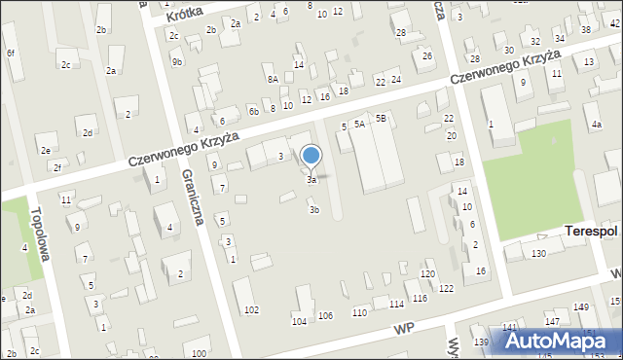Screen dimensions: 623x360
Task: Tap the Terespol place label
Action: click(x=592, y=231)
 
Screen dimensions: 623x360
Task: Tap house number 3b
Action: click(x=313, y=209)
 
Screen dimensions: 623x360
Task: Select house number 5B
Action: click(x=382, y=118)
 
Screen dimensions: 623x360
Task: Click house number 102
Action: click(x=251, y=309)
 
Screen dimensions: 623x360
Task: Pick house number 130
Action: click(x=538, y=253)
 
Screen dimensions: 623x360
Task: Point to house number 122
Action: click(x=446, y=289)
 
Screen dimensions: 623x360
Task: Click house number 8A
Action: click(x=273, y=79)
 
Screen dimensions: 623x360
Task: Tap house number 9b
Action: click(x=177, y=62)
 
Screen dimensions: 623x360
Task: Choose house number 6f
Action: click(x=11, y=53)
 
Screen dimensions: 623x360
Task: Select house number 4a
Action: click(x=596, y=125)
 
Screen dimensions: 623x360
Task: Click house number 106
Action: click(x=325, y=315)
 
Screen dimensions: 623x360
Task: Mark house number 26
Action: click(x=427, y=55)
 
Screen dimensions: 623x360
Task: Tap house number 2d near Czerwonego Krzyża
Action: click(x=88, y=132)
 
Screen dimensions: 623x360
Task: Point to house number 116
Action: click(x=420, y=298)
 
